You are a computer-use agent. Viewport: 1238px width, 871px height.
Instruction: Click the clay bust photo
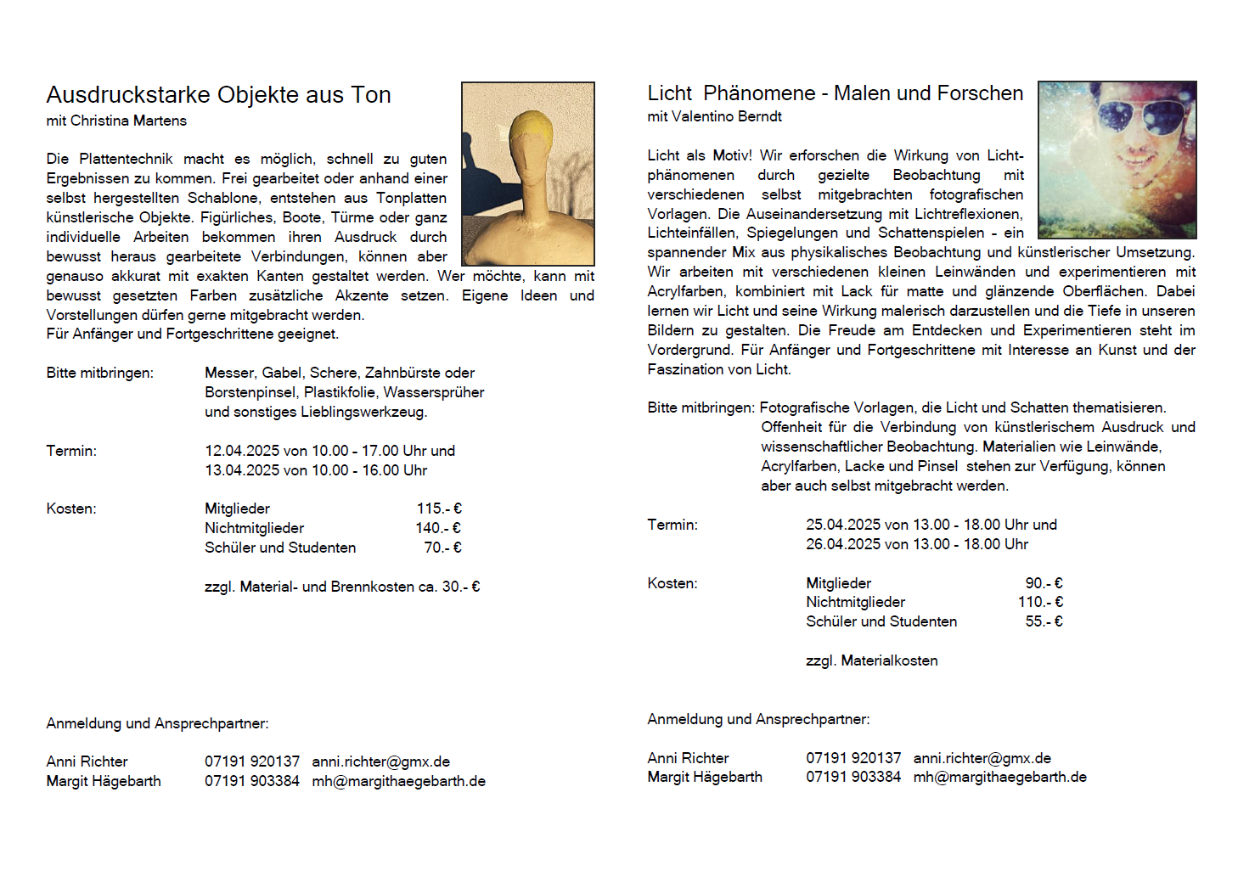(527, 174)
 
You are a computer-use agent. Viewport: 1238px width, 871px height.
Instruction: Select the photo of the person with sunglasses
(1117, 160)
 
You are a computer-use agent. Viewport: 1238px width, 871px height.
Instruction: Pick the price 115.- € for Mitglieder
(439, 509)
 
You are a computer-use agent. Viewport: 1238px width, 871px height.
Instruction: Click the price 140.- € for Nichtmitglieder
(438, 528)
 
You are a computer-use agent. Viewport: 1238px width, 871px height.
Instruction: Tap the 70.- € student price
(442, 548)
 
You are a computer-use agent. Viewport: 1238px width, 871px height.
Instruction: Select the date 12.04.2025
(242, 451)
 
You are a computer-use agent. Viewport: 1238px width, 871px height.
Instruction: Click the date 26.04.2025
(843, 544)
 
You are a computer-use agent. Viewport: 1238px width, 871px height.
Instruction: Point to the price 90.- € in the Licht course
(1044, 583)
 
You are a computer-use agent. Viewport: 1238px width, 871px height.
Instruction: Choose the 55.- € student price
(1044, 621)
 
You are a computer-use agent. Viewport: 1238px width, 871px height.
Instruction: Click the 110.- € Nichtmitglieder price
(1040, 602)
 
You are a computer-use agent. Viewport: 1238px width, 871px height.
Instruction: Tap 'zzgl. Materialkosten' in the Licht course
(871, 660)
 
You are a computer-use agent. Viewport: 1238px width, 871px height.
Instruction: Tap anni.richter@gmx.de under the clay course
(380, 761)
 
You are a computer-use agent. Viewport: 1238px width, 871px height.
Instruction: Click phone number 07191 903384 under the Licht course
(853, 777)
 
